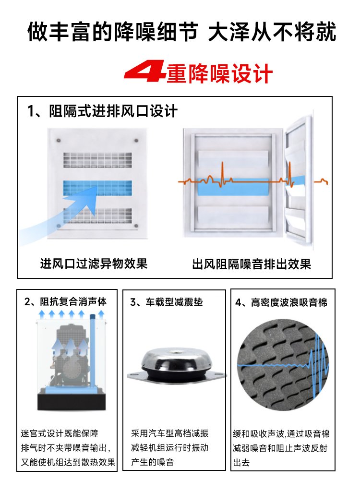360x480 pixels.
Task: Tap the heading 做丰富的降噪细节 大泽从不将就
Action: pyautogui.click(x=182, y=32)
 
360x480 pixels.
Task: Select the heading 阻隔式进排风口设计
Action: pyautogui.click(x=113, y=111)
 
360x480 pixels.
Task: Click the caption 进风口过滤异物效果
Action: pyautogui.click(x=94, y=263)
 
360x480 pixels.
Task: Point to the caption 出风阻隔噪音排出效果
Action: pyautogui.click(x=252, y=264)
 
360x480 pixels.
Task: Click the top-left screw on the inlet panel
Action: pyautogui.click(x=58, y=141)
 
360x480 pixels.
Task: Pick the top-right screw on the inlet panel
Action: pyautogui.click(x=136, y=141)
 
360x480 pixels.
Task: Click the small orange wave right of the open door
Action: pyautogui.click(x=321, y=181)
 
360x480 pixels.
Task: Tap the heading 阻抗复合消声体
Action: pyautogui.click(x=73, y=301)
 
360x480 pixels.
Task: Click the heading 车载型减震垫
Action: pyautogui.click(x=174, y=302)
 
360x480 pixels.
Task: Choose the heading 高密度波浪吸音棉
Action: pyautogui.click(x=289, y=302)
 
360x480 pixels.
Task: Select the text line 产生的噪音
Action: pyautogui.click(x=153, y=462)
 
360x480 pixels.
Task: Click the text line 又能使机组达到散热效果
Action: pyautogui.click(x=68, y=462)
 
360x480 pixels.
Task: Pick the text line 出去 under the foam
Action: pyautogui.click(x=241, y=462)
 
